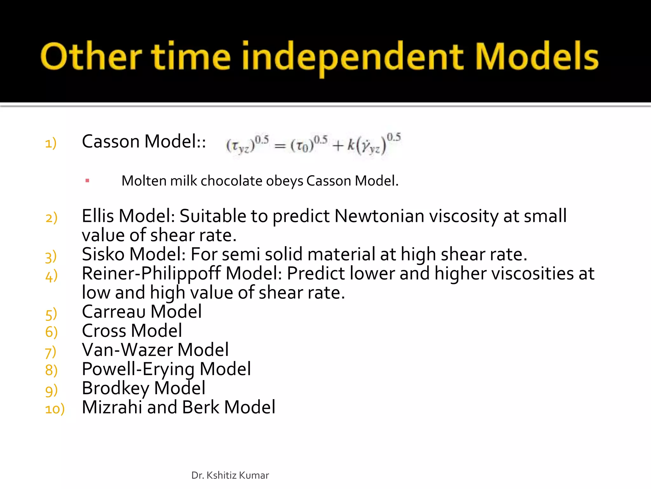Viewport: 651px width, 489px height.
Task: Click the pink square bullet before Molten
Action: coord(87,181)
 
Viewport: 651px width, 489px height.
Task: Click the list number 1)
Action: coord(51,143)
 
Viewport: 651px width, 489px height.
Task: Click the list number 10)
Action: coord(55,409)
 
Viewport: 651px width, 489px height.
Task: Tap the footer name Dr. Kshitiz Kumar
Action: coord(230,475)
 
